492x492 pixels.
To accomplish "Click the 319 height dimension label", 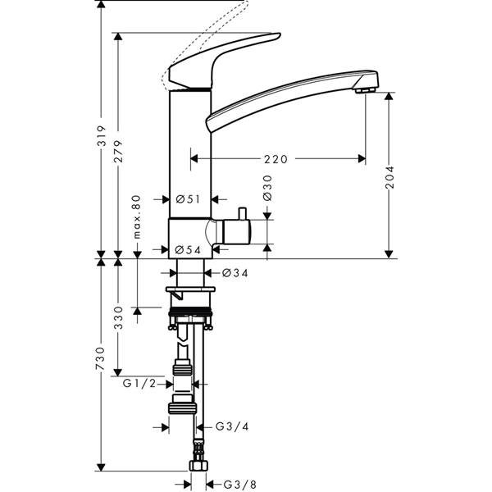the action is point(101,136).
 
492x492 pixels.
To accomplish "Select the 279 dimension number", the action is point(118,152).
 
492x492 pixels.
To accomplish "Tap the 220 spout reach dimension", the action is point(276,159).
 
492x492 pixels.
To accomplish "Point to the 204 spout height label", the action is point(389,177).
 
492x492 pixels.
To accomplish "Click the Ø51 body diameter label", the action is point(188,199).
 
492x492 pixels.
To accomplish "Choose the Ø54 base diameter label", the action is point(188,250).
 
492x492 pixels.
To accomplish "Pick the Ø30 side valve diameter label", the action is point(267,188).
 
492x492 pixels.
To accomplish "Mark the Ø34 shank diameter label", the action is point(235,273).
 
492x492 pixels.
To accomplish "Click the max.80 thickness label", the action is point(137,216).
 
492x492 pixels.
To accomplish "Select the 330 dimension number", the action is point(118,317).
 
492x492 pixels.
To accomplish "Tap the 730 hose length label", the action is point(101,358).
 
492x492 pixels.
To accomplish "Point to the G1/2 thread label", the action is point(139,383).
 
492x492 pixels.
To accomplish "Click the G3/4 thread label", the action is point(232,426).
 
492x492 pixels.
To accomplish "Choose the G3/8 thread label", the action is point(240,485).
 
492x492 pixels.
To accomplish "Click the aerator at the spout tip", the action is point(365,91).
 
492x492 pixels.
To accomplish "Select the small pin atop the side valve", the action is point(242,214).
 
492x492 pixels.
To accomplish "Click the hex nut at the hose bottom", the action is point(198,466).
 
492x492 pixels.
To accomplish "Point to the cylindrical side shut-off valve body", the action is point(236,232).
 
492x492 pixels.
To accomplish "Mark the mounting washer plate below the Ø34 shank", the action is point(191,289).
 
